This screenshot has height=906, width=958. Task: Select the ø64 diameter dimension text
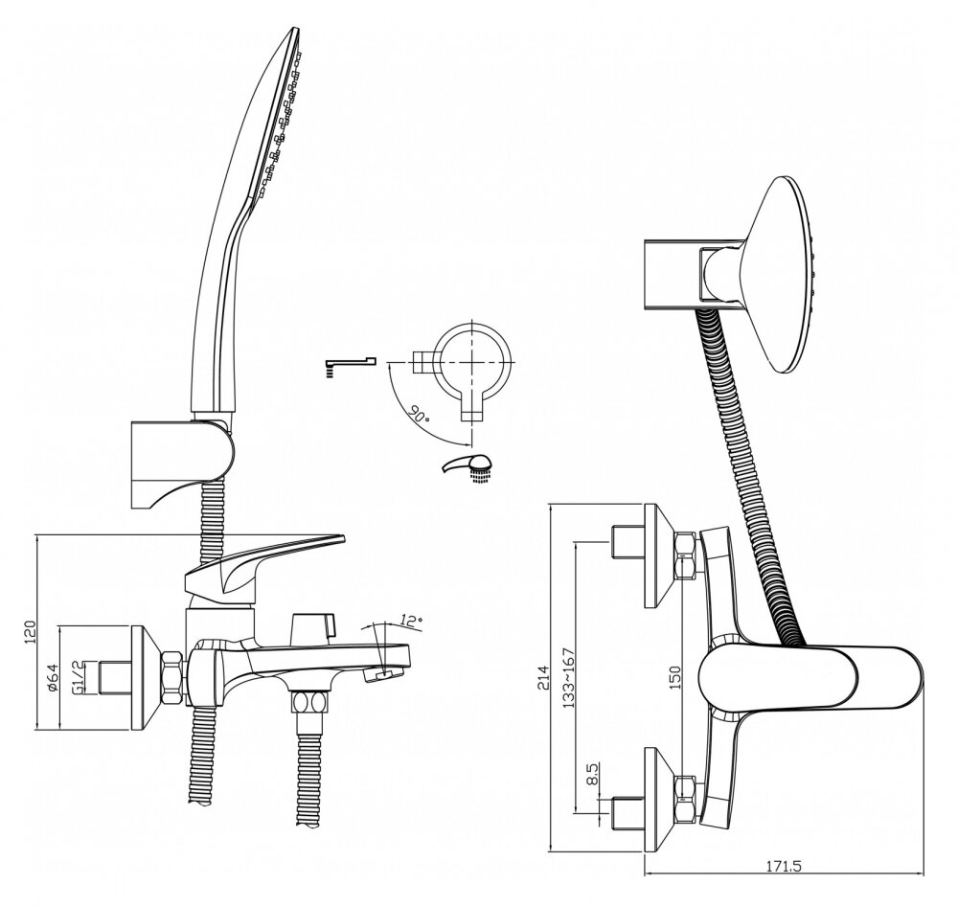tap(53, 677)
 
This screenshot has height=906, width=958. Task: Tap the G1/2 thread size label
tap(79, 677)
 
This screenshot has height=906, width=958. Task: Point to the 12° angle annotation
tap(411, 621)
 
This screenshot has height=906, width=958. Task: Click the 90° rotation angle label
tap(420, 417)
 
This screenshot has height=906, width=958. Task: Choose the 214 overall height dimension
tap(543, 677)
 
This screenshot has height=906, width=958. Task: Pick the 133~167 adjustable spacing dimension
tap(568, 677)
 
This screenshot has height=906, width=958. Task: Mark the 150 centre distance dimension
tap(674, 677)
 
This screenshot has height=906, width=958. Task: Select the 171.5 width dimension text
tap(784, 866)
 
